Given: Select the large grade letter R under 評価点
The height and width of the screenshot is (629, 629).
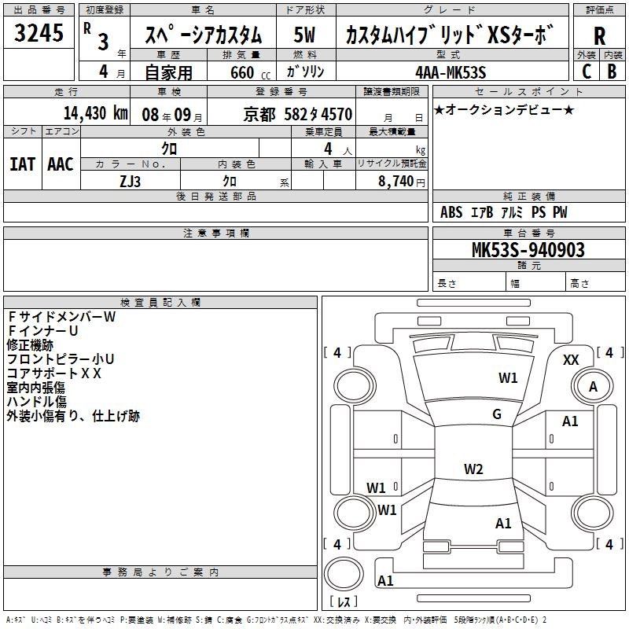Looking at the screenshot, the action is [x=599, y=37].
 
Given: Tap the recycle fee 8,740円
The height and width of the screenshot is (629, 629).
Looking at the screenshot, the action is [x=401, y=180].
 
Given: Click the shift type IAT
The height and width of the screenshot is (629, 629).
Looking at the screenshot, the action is [x=22, y=164].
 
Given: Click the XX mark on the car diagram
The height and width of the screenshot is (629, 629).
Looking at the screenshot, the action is [x=572, y=359].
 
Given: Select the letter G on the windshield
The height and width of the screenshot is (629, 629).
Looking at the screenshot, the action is [x=497, y=414].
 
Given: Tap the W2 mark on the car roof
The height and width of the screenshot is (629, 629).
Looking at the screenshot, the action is [x=473, y=469].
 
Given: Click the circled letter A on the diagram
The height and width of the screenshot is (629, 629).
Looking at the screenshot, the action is [x=593, y=387].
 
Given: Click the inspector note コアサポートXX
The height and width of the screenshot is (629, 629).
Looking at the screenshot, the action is [x=54, y=373].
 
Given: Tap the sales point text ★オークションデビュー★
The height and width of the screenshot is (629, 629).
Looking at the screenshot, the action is [x=503, y=109].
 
